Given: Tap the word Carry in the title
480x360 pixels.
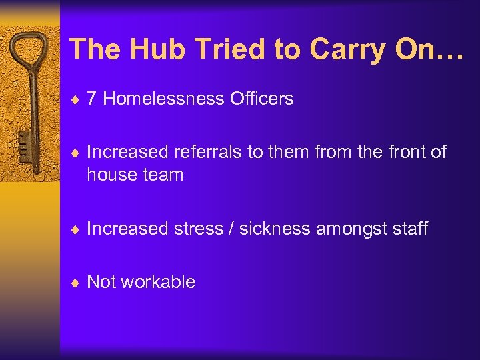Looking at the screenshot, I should point(335,49).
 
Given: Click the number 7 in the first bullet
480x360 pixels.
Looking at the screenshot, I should point(92,99).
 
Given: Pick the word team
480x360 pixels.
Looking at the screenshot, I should point(162,175).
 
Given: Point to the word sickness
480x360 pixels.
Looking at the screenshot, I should point(275,229).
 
